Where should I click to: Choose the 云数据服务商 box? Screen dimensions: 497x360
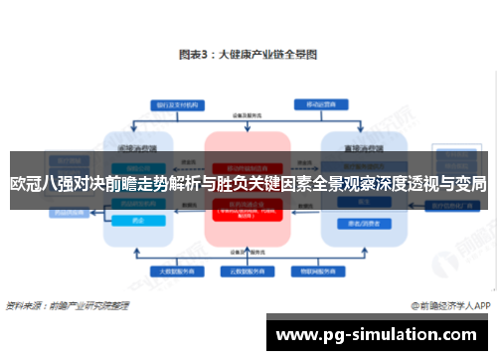248,270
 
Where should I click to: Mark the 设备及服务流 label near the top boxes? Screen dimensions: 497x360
248,115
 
